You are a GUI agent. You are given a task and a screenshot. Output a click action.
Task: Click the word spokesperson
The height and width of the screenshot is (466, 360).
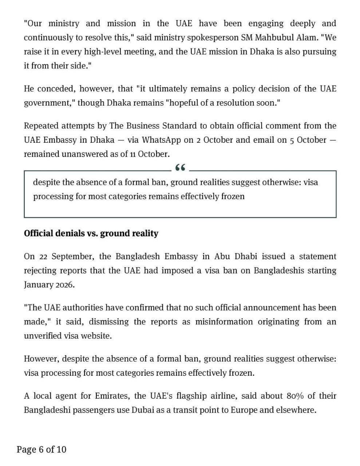click(x=216, y=37)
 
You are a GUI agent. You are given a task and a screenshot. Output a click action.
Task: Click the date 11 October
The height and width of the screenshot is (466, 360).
click(x=150, y=154)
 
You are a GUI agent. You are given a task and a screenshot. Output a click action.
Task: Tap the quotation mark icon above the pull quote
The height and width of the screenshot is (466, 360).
click(x=180, y=168)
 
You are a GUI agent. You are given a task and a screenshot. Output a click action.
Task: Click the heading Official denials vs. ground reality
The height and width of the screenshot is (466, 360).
click(x=91, y=233)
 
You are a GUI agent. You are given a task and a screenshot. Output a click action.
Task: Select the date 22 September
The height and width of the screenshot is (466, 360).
click(x=62, y=256)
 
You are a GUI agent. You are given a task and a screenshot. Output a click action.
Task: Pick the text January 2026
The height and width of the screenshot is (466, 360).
click(x=49, y=285)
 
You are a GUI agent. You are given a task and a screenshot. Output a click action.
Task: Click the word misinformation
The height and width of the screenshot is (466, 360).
click(x=223, y=322)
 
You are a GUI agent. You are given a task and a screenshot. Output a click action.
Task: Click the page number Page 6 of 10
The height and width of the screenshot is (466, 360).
click(x=41, y=449)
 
